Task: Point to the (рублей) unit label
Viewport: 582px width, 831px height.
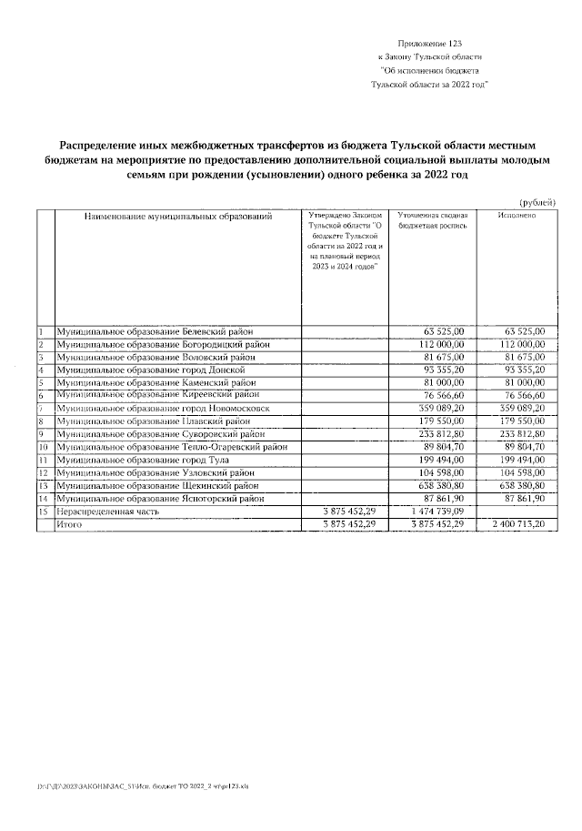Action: coord(537,201)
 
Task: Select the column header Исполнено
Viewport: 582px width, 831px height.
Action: coord(516,216)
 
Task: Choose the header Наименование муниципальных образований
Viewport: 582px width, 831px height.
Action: coord(178,217)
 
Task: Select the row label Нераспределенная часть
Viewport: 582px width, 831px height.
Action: coord(108,512)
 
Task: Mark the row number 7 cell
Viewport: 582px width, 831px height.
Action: coord(42,409)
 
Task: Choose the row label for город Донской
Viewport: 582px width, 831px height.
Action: coord(151,370)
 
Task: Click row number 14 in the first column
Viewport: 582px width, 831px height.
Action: coord(43,499)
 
